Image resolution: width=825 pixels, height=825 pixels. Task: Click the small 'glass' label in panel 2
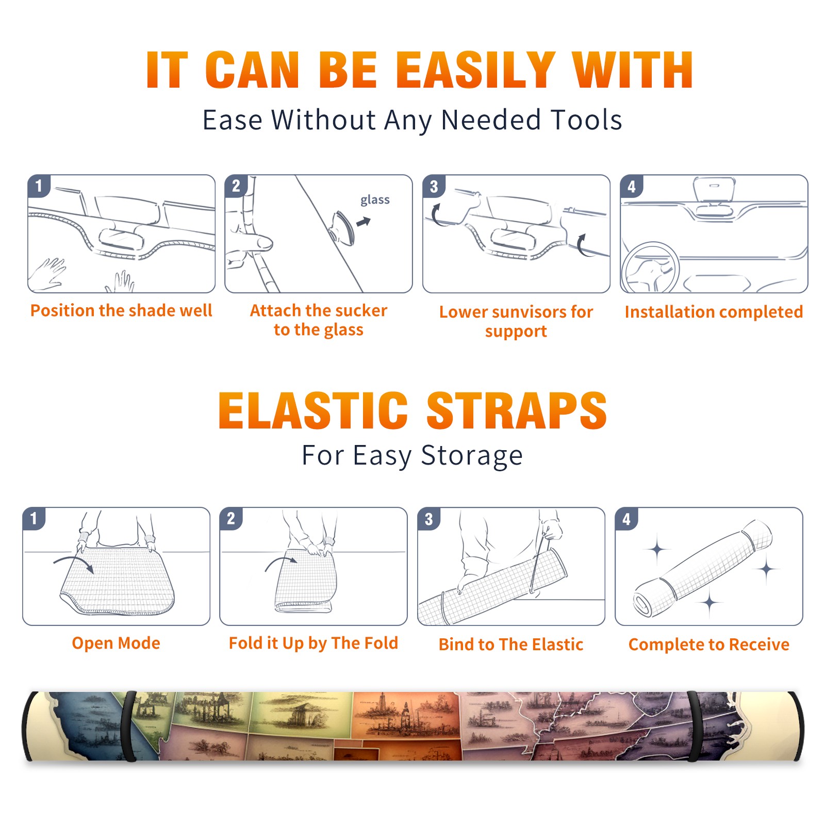pyautogui.click(x=375, y=200)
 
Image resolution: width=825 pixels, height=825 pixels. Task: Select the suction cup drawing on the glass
pyautogui.click(x=342, y=227)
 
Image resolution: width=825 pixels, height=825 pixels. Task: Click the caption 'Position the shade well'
pyautogui.click(x=121, y=310)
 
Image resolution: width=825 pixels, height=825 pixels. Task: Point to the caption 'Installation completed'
pyautogui.click(x=714, y=311)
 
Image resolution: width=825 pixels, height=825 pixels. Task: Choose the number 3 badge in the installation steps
pyautogui.click(x=434, y=186)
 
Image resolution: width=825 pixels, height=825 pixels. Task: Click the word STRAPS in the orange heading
pyautogui.click(x=517, y=410)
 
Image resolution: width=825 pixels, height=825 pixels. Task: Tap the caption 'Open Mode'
pyautogui.click(x=116, y=643)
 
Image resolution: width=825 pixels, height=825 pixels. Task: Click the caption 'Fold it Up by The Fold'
pyautogui.click(x=313, y=643)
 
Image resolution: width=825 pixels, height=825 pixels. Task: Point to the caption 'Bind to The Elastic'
pyautogui.click(x=511, y=645)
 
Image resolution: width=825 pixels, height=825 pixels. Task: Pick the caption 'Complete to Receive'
pyautogui.click(x=709, y=645)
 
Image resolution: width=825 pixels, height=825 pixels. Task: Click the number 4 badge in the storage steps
pyautogui.click(x=626, y=519)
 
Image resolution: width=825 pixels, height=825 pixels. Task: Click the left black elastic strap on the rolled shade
pyautogui.click(x=129, y=726)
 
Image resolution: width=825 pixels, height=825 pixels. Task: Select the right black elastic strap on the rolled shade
pyautogui.click(x=695, y=726)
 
